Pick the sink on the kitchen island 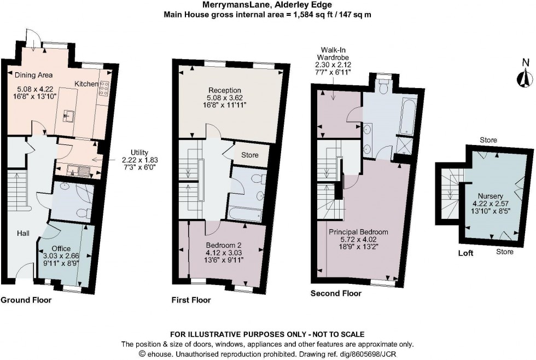(69, 115)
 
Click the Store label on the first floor (249, 155)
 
